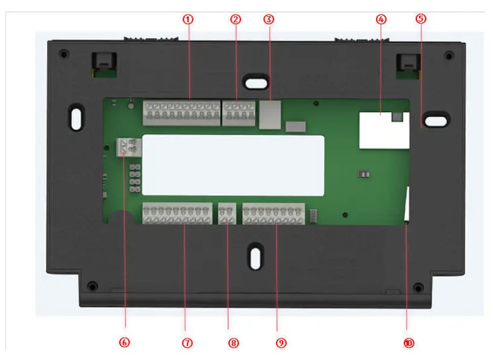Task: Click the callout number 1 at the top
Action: coord(189,19)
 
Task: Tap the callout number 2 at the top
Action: coord(236,19)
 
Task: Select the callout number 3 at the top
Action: coord(269,19)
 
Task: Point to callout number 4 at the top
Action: coord(380,19)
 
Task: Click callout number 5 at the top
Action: coord(421,19)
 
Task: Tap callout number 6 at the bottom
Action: coord(125,343)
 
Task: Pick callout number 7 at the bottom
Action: coord(187,343)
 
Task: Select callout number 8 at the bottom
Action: coord(234,343)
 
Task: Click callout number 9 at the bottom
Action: coord(281,343)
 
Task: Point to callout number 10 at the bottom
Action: coord(409,343)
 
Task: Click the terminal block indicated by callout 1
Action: coord(181,112)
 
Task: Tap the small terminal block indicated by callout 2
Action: coord(238,113)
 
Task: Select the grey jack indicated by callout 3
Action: coord(269,114)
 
